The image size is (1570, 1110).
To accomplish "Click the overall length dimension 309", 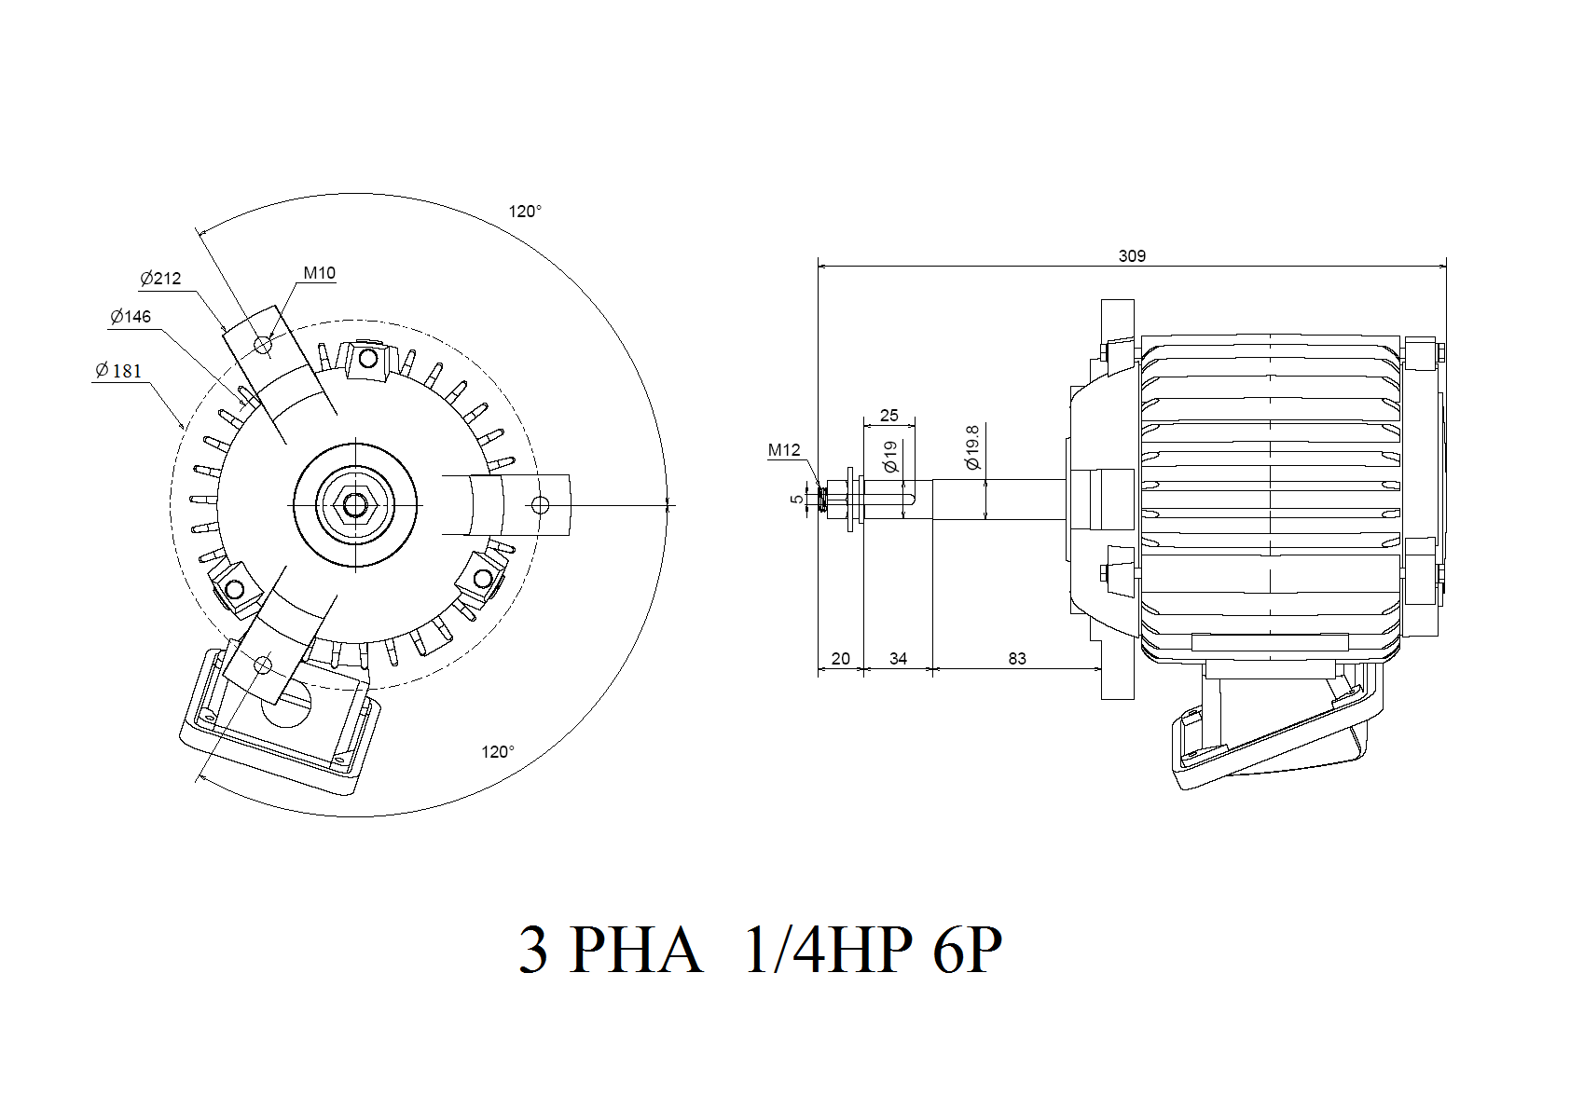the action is pos(1132,256).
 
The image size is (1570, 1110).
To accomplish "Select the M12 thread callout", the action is pos(783,450).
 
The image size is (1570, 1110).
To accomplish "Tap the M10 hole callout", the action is pos(320,272).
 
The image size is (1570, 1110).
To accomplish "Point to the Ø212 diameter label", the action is pos(160,279).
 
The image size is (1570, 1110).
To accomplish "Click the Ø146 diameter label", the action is pos(131,317).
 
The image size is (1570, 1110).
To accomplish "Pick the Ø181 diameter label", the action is pos(118,370).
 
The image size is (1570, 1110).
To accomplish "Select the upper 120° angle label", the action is pos(525,212).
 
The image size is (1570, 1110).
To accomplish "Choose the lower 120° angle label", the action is pos(498,752).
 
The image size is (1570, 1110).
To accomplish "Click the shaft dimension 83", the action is pos(1017,659).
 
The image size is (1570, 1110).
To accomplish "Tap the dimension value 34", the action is pos(898,659).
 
